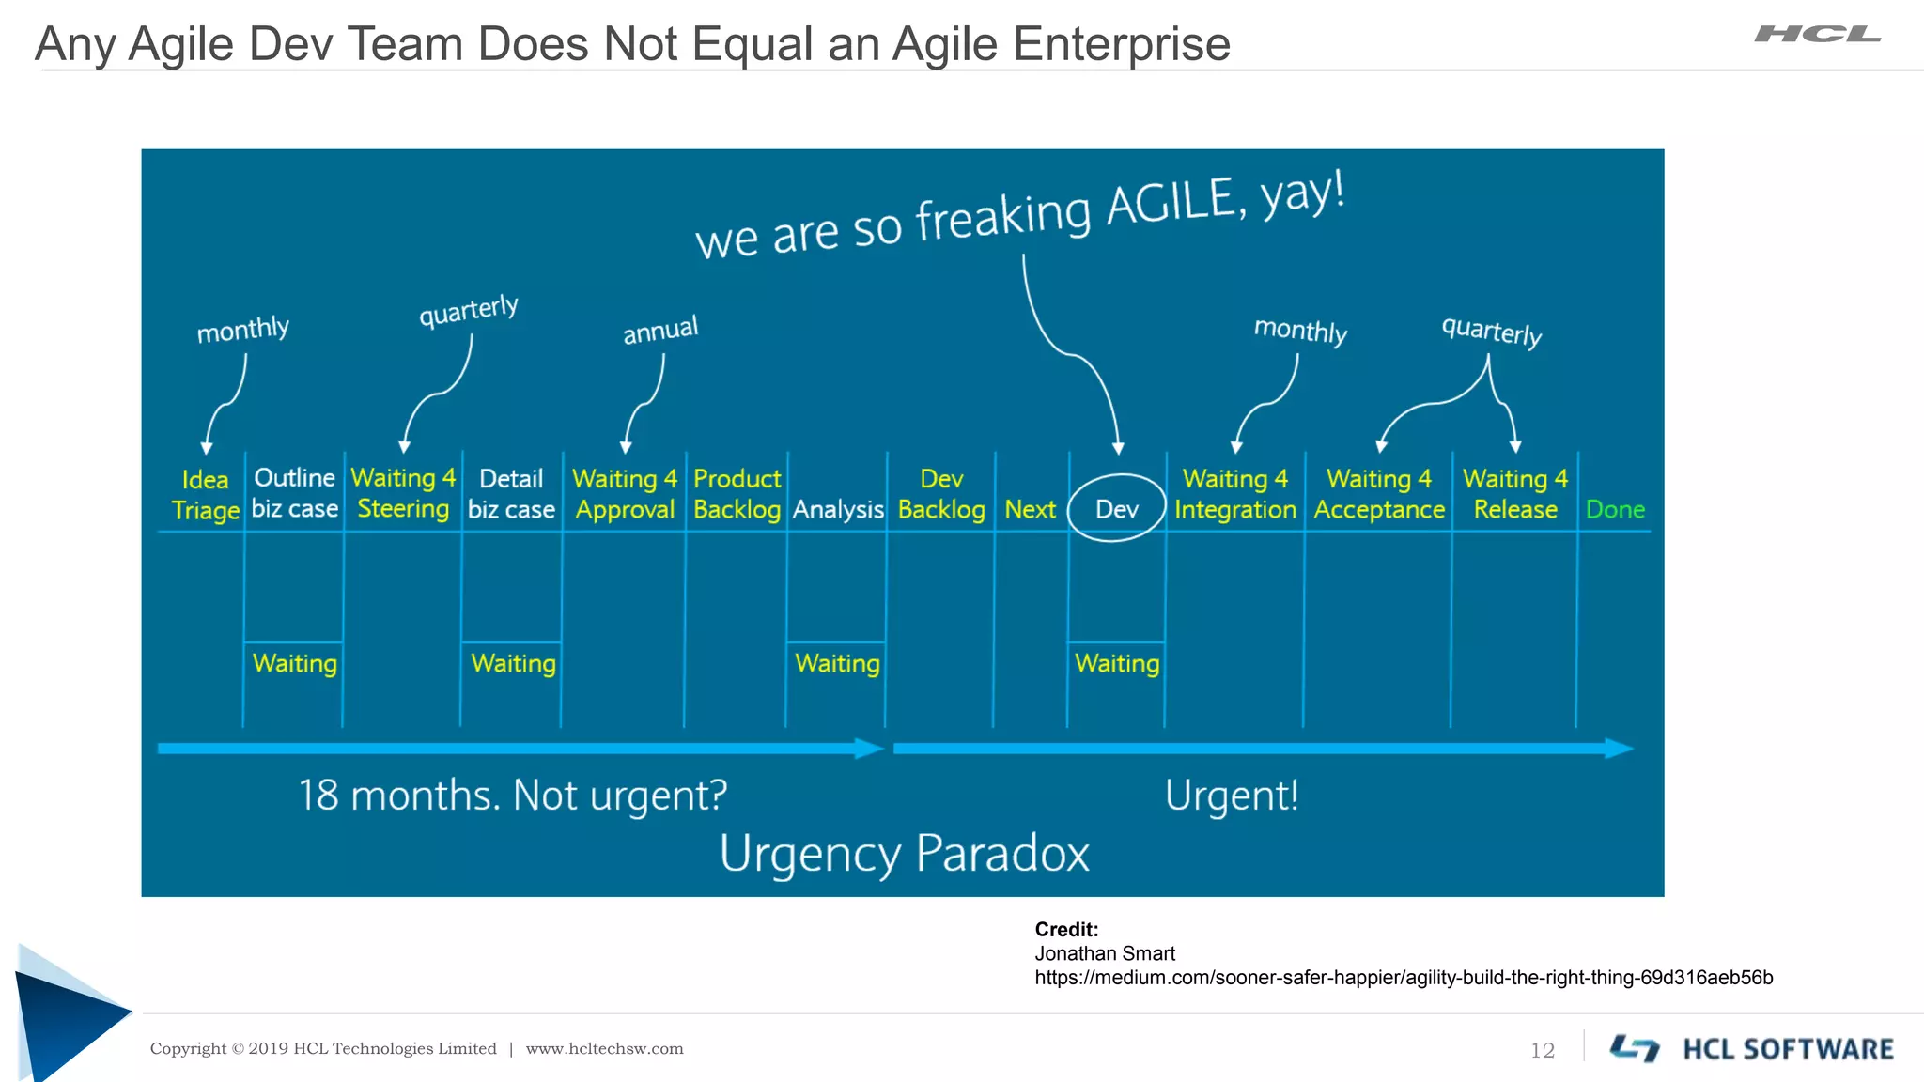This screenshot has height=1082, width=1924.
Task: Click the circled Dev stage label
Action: point(1116,509)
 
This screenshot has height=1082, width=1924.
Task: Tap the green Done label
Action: point(1615,510)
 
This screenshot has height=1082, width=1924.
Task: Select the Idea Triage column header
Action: point(205,495)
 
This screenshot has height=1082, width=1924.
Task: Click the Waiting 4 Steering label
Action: point(403,493)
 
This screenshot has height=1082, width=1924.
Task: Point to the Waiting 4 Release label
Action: point(1514,494)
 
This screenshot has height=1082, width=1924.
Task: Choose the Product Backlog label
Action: point(737,494)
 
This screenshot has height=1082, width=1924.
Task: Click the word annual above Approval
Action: point(660,330)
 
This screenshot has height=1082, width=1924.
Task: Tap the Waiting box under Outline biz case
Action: point(294,664)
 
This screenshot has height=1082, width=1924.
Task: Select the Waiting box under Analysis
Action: point(837,664)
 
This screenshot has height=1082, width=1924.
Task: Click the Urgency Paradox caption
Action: point(904,853)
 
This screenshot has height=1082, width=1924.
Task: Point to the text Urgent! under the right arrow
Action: point(1232,796)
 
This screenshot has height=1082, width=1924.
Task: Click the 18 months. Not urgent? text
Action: point(513,796)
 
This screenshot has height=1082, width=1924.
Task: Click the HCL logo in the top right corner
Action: point(1817,35)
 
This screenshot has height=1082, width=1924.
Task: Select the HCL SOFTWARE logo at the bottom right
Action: point(1752,1048)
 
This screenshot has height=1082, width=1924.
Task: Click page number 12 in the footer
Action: point(1543,1050)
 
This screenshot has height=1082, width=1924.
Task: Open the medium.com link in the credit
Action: point(1404,978)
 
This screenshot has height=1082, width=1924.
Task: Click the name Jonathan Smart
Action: point(1105,953)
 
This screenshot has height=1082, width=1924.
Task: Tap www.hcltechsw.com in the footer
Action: point(604,1049)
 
